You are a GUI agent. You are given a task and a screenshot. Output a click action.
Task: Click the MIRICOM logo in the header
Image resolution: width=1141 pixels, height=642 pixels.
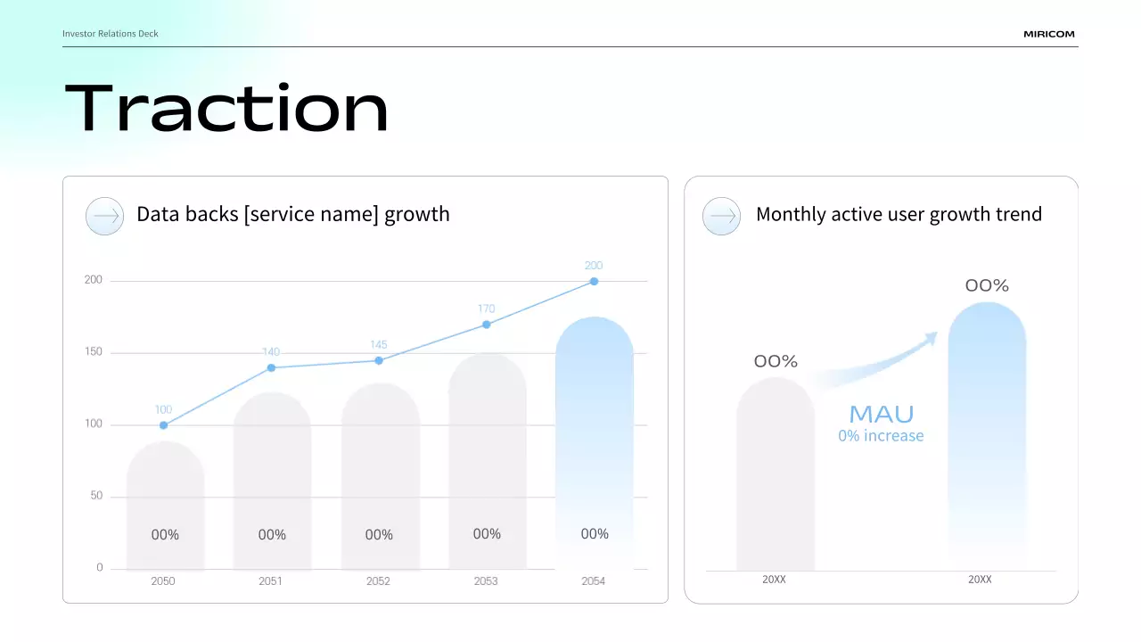pyautogui.click(x=1048, y=34)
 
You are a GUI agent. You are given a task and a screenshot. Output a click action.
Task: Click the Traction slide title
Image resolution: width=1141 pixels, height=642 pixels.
pyautogui.click(x=226, y=109)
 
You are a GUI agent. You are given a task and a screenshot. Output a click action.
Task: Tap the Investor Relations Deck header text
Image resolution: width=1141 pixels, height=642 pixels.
pyautogui.click(x=111, y=34)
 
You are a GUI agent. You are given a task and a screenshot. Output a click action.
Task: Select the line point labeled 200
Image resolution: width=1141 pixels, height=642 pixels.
pyautogui.click(x=594, y=281)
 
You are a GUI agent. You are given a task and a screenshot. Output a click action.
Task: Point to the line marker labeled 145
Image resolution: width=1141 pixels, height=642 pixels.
pyautogui.click(x=379, y=360)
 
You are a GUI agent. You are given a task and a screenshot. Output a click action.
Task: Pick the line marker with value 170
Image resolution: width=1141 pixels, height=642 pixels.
pyautogui.click(x=486, y=325)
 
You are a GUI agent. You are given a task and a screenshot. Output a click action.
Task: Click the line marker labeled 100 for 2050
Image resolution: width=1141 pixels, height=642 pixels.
pyautogui.click(x=163, y=425)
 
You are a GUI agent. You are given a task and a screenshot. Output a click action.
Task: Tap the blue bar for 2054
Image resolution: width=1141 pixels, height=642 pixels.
pyautogui.click(x=594, y=428)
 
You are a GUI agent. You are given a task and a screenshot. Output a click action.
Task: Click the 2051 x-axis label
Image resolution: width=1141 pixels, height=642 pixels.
pyautogui.click(x=270, y=581)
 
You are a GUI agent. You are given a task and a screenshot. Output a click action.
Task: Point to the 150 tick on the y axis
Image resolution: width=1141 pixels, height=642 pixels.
pyautogui.click(x=94, y=352)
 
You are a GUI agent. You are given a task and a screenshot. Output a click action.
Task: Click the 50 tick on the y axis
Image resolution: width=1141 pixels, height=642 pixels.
pyautogui.click(x=96, y=496)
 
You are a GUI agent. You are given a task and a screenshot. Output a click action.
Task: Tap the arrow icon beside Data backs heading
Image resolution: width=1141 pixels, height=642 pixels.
pyautogui.click(x=104, y=216)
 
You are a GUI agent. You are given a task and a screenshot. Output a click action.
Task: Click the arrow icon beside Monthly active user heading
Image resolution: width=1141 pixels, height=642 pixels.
pyautogui.click(x=721, y=216)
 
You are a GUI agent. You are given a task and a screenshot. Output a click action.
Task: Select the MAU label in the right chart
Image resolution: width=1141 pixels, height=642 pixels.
pyautogui.click(x=881, y=414)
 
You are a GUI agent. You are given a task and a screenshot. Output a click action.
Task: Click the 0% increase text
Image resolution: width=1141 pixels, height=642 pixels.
pyautogui.click(x=881, y=436)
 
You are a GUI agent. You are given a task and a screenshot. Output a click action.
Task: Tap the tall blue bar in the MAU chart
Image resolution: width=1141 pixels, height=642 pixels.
pyautogui.click(x=987, y=428)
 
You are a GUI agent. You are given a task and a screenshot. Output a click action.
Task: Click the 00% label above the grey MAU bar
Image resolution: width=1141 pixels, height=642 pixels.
pyautogui.click(x=776, y=361)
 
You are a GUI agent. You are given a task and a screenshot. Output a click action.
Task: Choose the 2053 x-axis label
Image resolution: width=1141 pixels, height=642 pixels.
pyautogui.click(x=486, y=581)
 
